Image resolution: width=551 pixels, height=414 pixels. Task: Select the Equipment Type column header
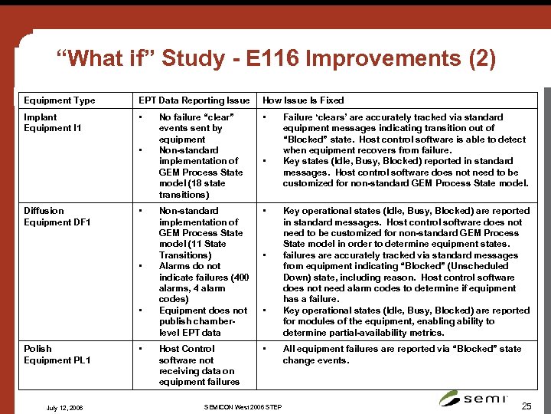60,100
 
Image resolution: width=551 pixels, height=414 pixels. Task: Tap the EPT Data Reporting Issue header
194,100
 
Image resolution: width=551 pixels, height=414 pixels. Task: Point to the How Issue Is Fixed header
303,100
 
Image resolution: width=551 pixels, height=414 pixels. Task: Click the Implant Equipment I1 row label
53,123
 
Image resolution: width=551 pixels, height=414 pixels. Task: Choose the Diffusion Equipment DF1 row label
57,216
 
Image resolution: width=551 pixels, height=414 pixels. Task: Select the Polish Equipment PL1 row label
57,354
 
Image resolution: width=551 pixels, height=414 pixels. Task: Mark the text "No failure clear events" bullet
196,128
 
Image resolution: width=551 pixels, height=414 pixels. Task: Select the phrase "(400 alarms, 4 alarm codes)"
204,288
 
